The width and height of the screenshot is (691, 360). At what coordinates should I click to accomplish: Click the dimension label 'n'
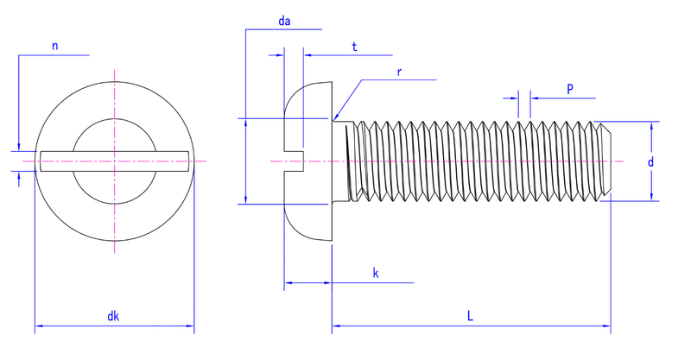(x=54, y=46)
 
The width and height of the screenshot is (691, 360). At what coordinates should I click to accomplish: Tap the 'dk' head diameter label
(x=113, y=316)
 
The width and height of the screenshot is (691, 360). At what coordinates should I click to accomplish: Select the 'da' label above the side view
(x=284, y=21)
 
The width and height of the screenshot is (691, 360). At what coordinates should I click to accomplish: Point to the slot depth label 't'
(x=354, y=47)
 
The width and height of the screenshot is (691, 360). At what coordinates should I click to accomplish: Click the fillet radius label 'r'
(x=399, y=72)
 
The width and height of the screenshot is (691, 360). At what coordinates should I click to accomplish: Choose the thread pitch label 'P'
(x=570, y=89)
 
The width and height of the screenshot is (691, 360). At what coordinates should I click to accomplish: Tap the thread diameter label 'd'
(x=650, y=161)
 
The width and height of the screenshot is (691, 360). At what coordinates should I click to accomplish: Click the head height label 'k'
(x=376, y=273)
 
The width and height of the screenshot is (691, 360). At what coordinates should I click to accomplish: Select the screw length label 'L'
(x=470, y=315)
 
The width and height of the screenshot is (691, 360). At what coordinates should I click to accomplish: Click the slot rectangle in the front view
(x=115, y=161)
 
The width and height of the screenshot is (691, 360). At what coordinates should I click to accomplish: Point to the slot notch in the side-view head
(x=294, y=161)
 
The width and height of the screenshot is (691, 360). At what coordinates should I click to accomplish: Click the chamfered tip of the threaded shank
(x=605, y=161)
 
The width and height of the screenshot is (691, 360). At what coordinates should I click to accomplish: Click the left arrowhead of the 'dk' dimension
(x=39, y=326)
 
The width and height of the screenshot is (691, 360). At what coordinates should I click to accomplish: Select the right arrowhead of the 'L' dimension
(x=606, y=326)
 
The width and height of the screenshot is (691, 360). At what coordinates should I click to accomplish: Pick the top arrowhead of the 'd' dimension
(x=651, y=125)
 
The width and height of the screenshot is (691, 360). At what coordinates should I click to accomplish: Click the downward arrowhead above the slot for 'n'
(x=18, y=147)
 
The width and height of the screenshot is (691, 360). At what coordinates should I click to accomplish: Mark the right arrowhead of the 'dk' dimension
(x=190, y=326)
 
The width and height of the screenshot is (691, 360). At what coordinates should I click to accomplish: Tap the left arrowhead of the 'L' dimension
(x=336, y=326)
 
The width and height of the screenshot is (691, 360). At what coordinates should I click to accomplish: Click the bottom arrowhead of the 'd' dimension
(x=651, y=197)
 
